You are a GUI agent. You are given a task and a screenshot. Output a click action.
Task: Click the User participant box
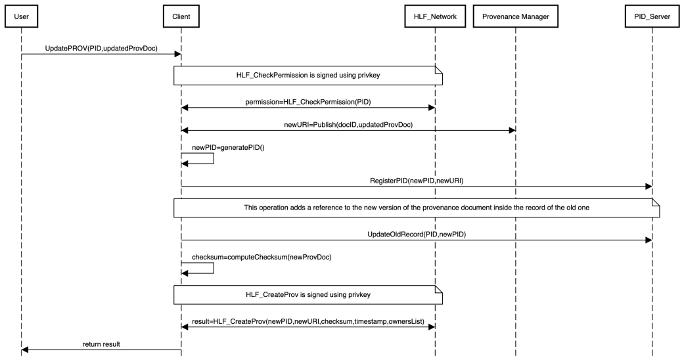[22, 16]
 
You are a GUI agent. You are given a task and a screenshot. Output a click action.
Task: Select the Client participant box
[181, 16]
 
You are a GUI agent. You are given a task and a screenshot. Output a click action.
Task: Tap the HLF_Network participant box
[435, 16]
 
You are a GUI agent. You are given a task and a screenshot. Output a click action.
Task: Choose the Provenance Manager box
[516, 16]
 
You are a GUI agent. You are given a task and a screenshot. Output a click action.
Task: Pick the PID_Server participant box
[652, 16]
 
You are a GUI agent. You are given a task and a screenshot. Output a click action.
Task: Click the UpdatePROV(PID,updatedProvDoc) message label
[101, 49]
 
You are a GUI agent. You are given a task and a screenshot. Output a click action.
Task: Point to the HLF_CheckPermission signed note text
[308, 75]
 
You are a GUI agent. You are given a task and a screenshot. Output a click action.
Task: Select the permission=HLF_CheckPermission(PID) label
[308, 102]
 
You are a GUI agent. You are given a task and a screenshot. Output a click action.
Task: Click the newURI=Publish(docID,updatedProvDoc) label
[348, 125]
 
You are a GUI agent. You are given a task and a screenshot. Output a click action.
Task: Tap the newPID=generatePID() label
[228, 148]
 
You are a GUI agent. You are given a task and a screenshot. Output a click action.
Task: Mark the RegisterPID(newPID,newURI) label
[417, 181]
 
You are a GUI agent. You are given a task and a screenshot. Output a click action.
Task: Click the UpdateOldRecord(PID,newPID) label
[417, 235]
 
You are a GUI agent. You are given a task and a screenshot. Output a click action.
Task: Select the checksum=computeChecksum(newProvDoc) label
[262, 257]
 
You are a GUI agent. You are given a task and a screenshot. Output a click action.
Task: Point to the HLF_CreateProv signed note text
[308, 294]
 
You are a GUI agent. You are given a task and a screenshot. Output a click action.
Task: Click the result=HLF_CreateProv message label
[308, 322]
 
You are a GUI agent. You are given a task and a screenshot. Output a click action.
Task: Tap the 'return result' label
[101, 344]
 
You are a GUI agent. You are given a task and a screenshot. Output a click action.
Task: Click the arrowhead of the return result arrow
[24, 349]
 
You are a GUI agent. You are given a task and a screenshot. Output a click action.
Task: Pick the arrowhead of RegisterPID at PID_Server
[649, 187]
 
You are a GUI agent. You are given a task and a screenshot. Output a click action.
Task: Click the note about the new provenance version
[417, 208]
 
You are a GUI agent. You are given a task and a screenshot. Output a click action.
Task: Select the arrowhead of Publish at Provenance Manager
[512, 130]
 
